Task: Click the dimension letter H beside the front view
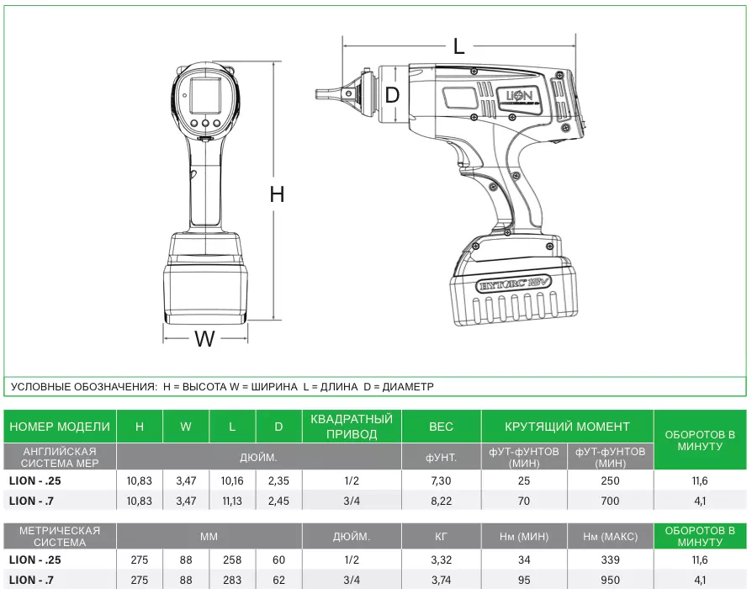click(x=277, y=194)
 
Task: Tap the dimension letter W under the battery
click(x=204, y=339)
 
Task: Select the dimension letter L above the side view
click(x=458, y=47)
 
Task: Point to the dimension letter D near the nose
click(x=392, y=95)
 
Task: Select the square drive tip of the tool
click(x=323, y=94)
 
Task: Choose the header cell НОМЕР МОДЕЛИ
click(x=60, y=427)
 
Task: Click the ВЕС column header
click(x=441, y=427)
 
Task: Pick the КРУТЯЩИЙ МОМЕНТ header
click(x=567, y=427)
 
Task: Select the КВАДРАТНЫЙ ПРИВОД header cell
click(x=352, y=427)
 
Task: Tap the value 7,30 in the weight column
click(x=441, y=481)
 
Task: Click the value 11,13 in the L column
click(x=232, y=501)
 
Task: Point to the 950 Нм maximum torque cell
click(x=611, y=580)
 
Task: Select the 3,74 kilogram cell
click(x=441, y=580)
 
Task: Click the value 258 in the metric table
click(x=232, y=560)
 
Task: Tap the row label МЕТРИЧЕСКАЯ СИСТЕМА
click(x=60, y=536)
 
